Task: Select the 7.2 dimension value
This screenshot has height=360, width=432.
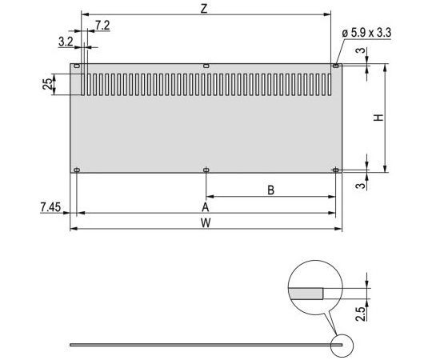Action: click(x=102, y=26)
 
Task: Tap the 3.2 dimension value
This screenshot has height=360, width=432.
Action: click(x=66, y=39)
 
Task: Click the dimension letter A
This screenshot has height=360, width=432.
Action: click(x=206, y=206)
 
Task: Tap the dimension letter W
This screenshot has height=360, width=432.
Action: click(x=206, y=223)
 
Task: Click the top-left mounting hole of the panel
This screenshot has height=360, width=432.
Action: click(x=77, y=66)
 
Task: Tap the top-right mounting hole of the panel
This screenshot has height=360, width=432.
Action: click(x=335, y=66)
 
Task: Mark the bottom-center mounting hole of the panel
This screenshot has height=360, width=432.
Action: click(x=206, y=170)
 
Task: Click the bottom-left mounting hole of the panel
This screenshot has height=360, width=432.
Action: click(x=77, y=170)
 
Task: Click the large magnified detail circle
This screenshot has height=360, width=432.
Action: click(x=315, y=287)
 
